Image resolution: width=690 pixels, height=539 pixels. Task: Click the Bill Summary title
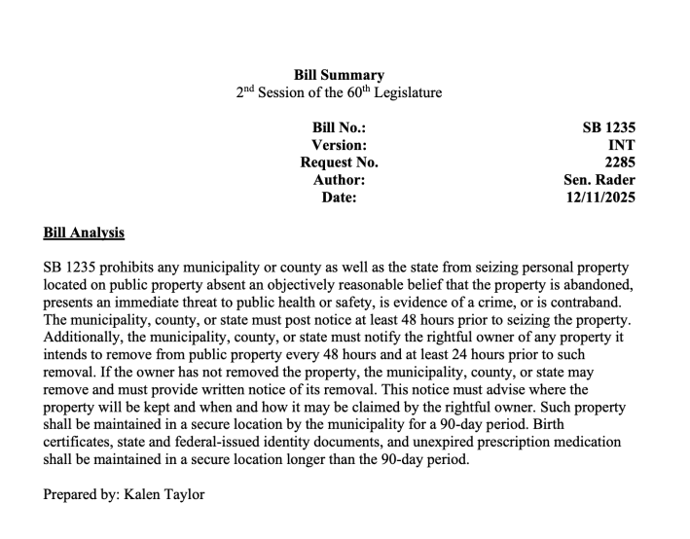339,75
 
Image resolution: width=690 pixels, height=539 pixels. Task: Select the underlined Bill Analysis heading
84,234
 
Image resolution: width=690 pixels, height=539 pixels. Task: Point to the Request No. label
339,162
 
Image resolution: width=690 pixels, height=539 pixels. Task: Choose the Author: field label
339,180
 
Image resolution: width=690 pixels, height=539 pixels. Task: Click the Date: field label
339,198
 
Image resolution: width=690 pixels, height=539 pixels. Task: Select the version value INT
622,145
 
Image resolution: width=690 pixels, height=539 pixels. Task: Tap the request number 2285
620,162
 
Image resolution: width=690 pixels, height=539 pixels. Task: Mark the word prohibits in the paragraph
126,267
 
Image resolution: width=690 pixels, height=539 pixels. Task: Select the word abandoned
599,284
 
